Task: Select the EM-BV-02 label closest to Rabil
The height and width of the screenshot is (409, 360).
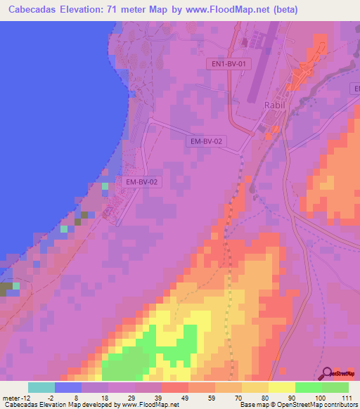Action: click(x=207, y=141)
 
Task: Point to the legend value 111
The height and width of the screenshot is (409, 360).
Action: click(x=346, y=397)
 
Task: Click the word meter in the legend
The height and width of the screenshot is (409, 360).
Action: click(x=11, y=397)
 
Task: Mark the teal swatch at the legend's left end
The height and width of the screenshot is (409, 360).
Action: click(x=41, y=387)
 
